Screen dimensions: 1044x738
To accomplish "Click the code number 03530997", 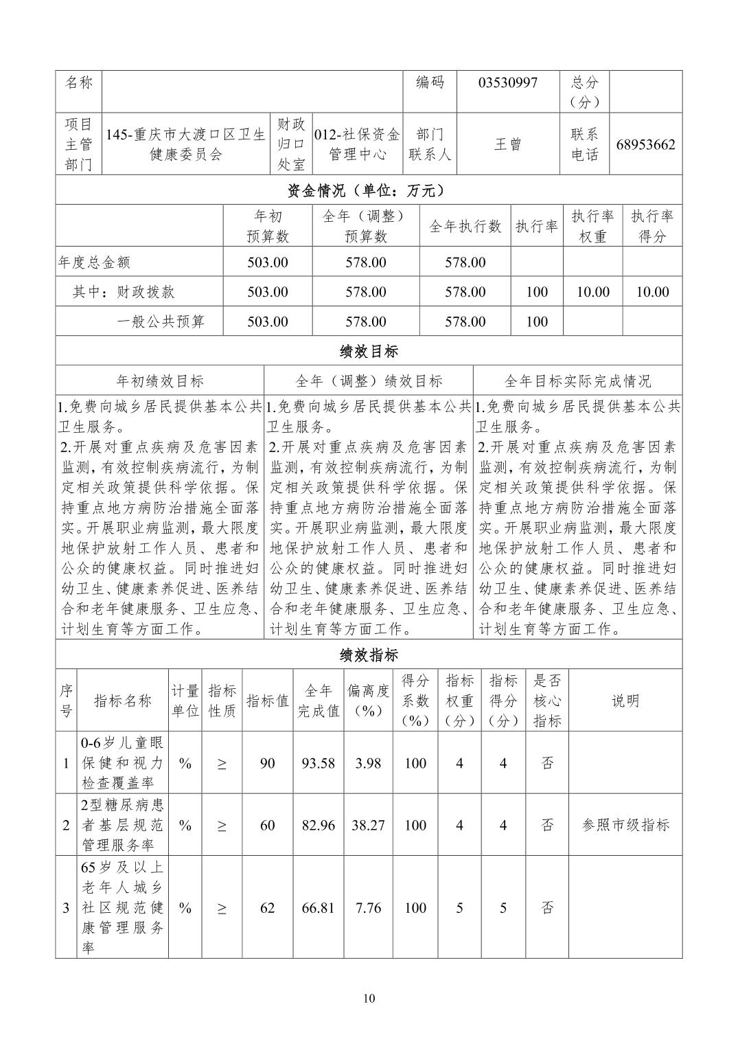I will click(x=508, y=83).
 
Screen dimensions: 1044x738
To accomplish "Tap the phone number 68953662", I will click(x=645, y=145).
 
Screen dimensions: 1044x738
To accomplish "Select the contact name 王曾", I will click(x=508, y=145).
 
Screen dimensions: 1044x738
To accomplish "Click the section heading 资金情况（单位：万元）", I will click(x=369, y=190).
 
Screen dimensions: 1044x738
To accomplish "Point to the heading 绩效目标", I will click(x=369, y=352).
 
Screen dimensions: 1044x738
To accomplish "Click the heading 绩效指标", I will click(x=369, y=655).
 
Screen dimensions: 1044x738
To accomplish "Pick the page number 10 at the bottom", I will click(x=369, y=999).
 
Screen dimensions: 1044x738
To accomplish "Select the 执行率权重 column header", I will click(x=592, y=226).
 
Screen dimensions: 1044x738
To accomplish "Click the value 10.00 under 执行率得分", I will click(x=652, y=292).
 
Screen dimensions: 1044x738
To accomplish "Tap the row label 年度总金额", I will click(x=95, y=262).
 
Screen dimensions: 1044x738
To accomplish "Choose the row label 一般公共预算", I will click(x=161, y=321).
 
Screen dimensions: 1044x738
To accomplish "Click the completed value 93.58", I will click(x=319, y=764).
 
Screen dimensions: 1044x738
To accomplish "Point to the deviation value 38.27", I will click(x=368, y=826).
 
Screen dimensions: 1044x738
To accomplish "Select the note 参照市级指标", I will click(x=625, y=826).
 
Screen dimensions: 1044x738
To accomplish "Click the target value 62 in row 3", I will click(x=267, y=908).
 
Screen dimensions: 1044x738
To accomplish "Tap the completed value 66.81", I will click(x=319, y=908).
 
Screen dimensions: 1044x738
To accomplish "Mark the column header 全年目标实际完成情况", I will click(x=577, y=381).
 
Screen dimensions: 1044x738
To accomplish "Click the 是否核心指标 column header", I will click(x=547, y=701).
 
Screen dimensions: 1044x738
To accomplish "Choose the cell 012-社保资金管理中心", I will click(x=357, y=145).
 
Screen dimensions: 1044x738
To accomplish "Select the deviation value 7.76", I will click(x=368, y=908).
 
